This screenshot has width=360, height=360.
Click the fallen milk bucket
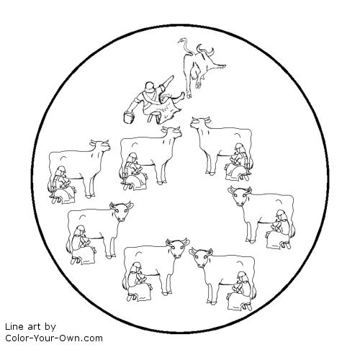[129, 117]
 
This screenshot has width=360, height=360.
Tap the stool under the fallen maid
[154, 117]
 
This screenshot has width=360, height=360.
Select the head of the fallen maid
[150, 86]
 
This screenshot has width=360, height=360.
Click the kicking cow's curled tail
[185, 45]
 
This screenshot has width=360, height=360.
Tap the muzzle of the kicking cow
[220, 67]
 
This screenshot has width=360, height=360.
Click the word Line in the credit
[14, 327]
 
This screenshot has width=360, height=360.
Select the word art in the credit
[35, 327]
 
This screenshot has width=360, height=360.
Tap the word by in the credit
[50, 327]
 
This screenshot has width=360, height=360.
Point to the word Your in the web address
[40, 338]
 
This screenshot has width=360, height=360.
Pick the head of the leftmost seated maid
[60, 171]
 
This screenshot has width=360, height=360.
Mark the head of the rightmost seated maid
[281, 215]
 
